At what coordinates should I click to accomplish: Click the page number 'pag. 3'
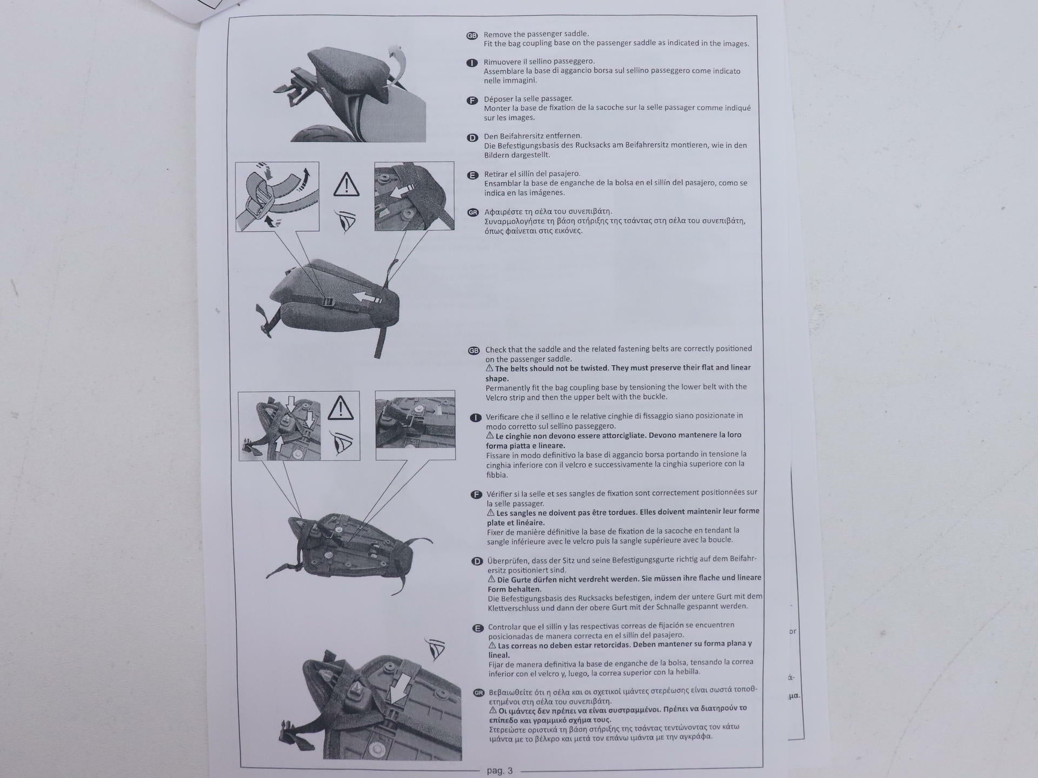pos(500,770)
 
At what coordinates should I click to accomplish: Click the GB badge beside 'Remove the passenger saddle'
pos(472,36)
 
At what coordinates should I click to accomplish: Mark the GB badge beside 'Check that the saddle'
pos(474,351)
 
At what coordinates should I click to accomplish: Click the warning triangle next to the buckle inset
pos(347,184)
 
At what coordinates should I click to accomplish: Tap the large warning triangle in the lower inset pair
pos(341,408)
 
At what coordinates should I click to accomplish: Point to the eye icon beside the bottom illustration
pos(435,648)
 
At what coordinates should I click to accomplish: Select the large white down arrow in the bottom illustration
pos(401,685)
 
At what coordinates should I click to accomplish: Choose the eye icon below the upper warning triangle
pos(346,220)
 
